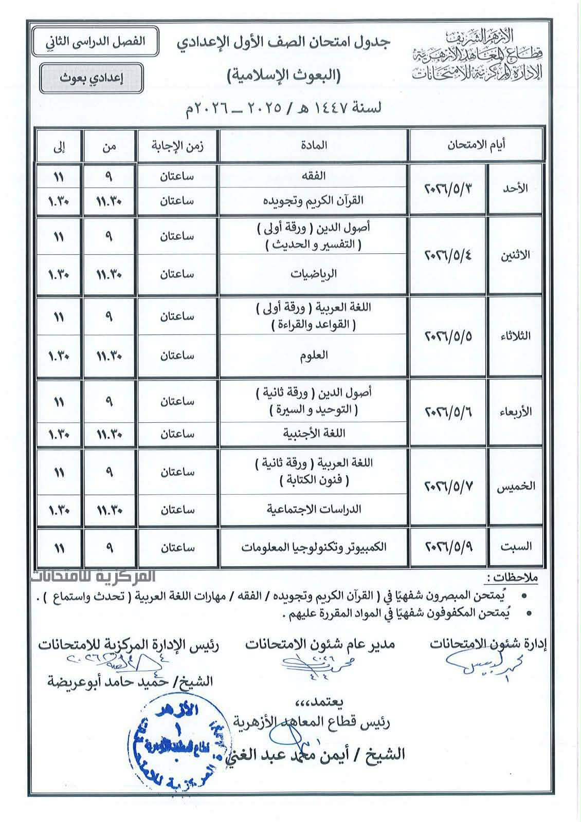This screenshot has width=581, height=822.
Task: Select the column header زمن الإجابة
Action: pos(177,145)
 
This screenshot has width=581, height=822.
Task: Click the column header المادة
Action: pos(314,145)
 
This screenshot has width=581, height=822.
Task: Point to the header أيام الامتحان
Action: pos(476,145)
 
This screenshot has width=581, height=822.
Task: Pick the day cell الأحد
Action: pos(515,189)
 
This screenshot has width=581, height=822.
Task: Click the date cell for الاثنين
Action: pos(448,255)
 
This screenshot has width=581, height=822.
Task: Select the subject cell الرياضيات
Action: pos(314,274)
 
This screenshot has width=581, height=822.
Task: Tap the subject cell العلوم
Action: pos(314,355)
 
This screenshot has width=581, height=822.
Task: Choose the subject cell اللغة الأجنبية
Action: pos(314,433)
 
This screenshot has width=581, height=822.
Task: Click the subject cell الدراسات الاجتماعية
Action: pos(314,509)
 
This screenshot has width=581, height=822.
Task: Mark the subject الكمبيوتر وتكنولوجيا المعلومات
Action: pos(314,547)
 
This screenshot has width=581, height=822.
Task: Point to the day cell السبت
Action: pos(515,547)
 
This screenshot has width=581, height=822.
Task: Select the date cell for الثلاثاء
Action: pos(448,337)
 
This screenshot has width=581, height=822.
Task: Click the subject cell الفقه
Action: pos(314,176)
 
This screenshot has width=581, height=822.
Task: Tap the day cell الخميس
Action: pos(515,487)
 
